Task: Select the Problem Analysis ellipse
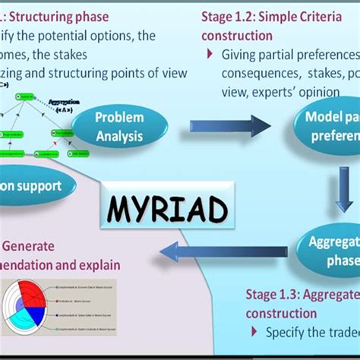click(x=119, y=127)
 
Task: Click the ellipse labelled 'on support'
click(x=38, y=185)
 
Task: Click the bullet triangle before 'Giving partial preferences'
click(x=210, y=55)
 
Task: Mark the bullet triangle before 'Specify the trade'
click(x=253, y=333)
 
